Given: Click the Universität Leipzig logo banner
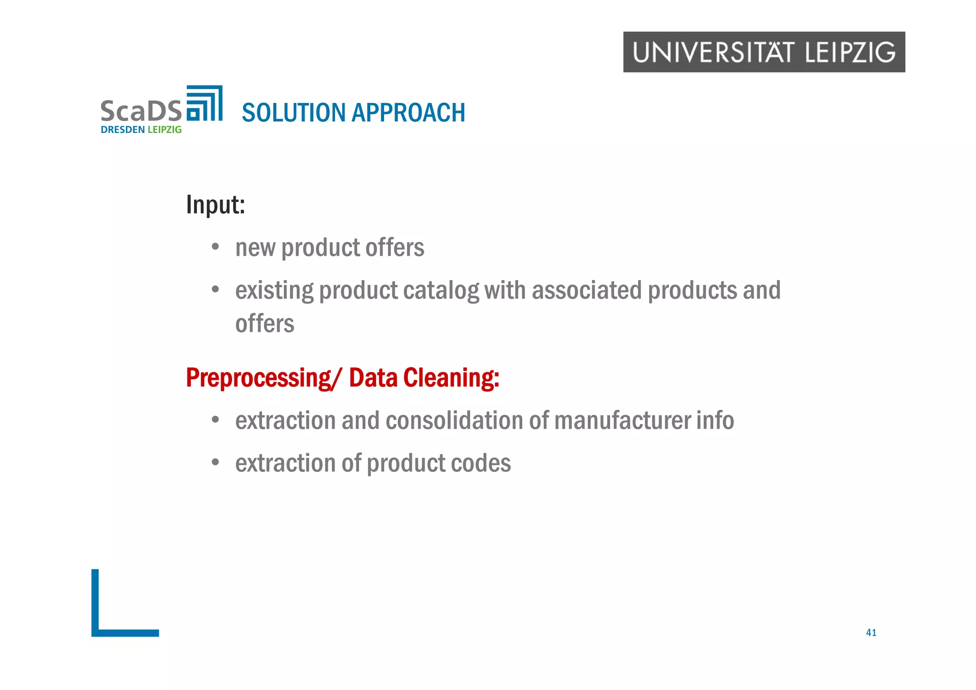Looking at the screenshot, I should coord(764,52).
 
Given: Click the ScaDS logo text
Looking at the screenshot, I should coord(141,111).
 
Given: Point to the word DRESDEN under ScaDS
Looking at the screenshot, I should coord(122,130).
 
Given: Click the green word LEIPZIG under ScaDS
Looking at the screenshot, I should coord(164,130).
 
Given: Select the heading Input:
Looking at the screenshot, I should coord(215,205).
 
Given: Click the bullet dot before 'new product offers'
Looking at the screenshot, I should coord(215,247).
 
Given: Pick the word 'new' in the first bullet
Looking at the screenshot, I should coord(255,248).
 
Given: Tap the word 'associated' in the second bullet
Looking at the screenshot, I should coord(587,290).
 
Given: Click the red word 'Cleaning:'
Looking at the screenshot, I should coord(451,378).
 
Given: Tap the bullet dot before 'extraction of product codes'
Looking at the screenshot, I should coord(215,462).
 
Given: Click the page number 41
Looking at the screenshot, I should coord(871,633).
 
